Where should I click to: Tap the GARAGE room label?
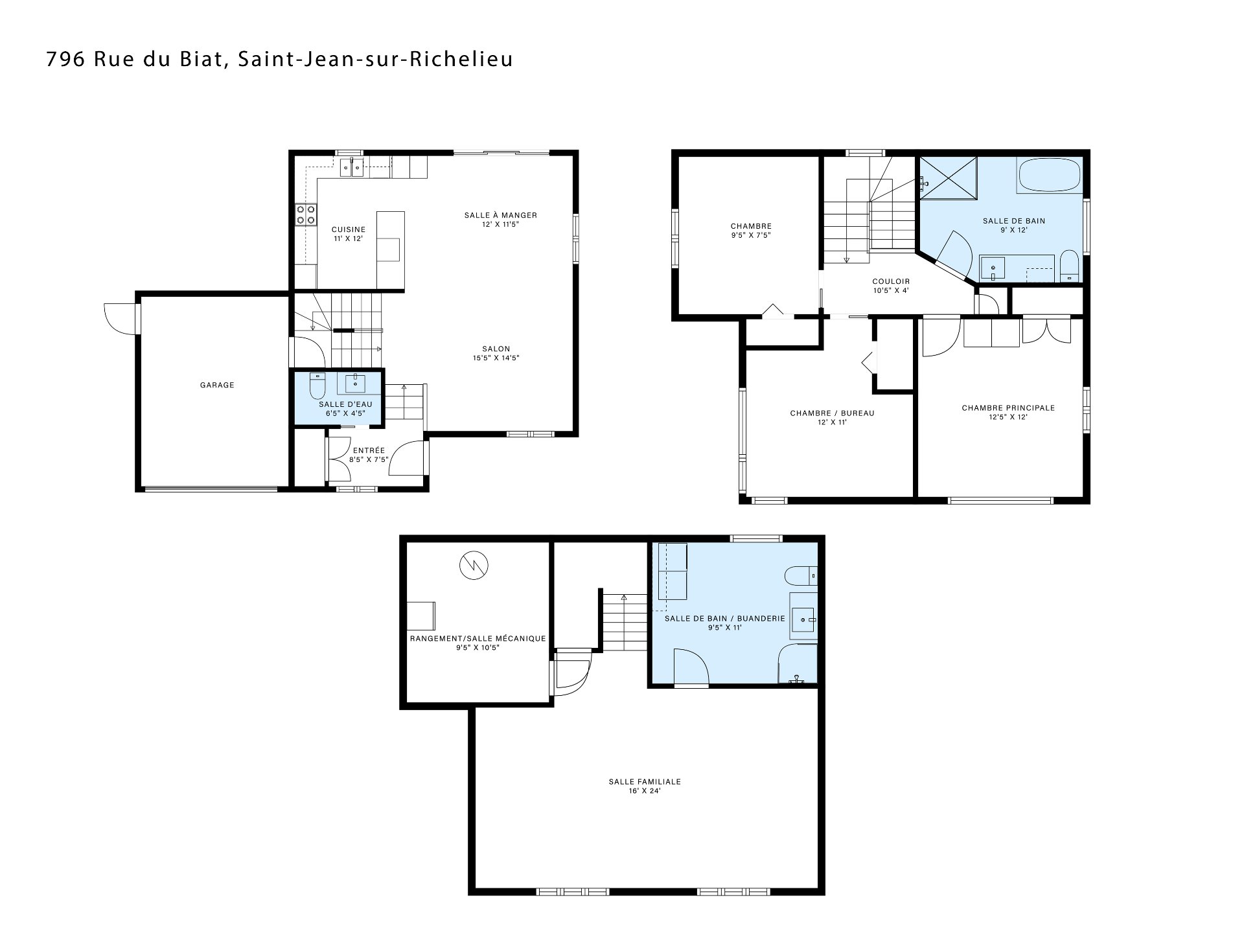(x=217, y=386)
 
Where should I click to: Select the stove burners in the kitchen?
(x=306, y=214)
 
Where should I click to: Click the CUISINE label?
(x=349, y=229)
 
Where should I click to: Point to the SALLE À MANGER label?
(x=501, y=216)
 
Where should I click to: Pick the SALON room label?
(x=496, y=349)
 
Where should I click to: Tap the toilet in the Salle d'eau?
(x=317, y=386)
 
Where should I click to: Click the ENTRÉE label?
(x=369, y=451)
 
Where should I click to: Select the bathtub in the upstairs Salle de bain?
(x=1050, y=175)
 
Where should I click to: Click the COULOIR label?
(x=891, y=282)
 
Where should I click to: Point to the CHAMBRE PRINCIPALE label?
(x=1008, y=408)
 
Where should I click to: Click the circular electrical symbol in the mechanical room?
(x=474, y=566)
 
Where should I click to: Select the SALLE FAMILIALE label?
(x=645, y=782)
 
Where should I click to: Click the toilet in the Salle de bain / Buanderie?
(x=801, y=575)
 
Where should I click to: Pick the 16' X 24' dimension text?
(x=645, y=791)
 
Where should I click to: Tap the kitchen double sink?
(x=352, y=167)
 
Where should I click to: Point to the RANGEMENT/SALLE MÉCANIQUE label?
(x=478, y=639)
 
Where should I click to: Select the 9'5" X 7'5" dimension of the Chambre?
(x=751, y=236)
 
